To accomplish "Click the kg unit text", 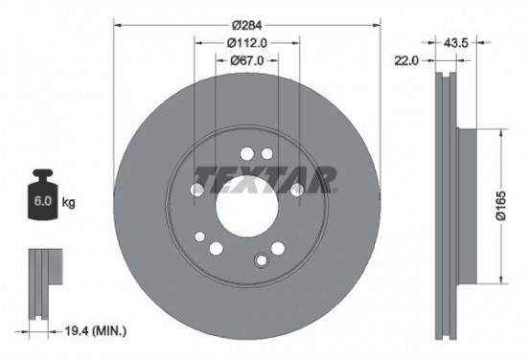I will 68,204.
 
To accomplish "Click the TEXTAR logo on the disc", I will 265,178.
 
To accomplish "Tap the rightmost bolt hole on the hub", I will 297,190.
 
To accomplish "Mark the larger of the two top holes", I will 246,152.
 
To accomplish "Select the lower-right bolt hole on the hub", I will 278,248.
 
